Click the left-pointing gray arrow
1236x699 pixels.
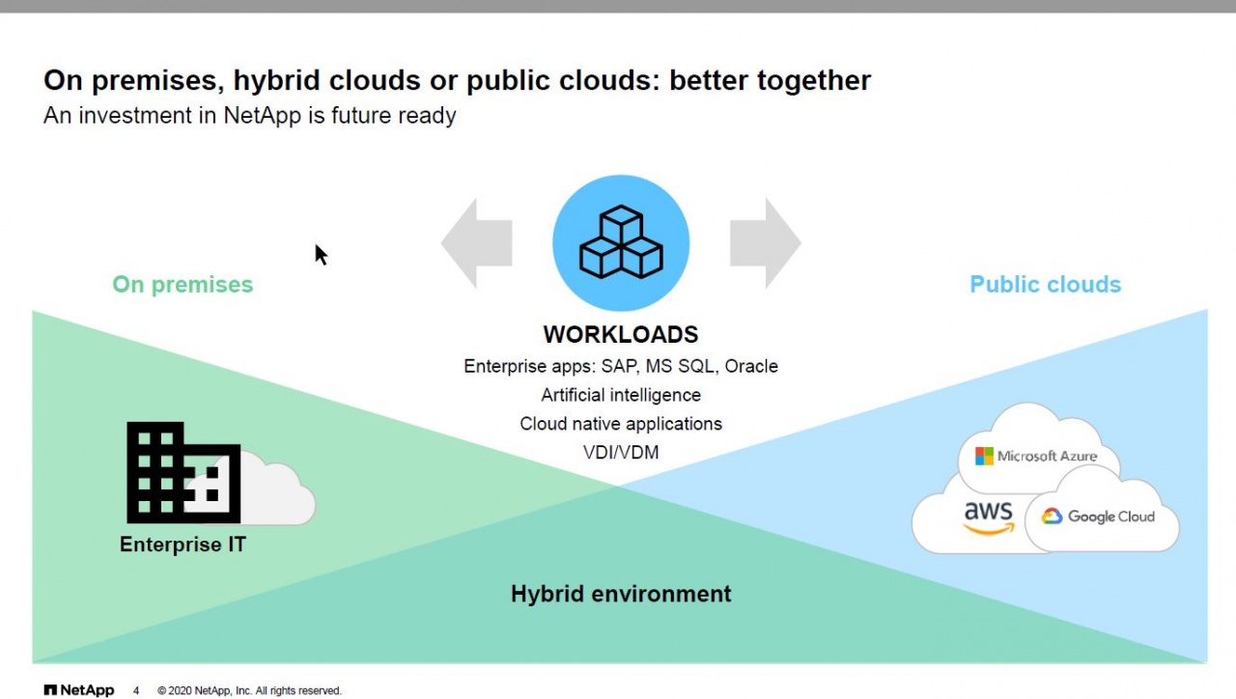[x=476, y=243]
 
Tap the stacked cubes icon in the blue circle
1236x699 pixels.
[x=621, y=241]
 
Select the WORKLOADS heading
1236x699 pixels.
[x=621, y=334]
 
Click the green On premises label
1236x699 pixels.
[x=183, y=285]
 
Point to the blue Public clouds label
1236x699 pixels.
[x=1045, y=285]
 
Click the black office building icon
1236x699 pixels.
[x=183, y=472]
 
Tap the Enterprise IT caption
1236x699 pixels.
[x=183, y=545]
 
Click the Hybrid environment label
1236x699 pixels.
[x=621, y=594]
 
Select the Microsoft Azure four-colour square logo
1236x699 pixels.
[x=984, y=457]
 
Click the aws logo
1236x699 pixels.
[x=988, y=517]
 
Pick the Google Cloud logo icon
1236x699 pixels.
[x=1052, y=516]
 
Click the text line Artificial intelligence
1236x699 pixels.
[x=621, y=395]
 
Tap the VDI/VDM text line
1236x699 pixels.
[x=621, y=453]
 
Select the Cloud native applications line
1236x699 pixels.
[x=621, y=424]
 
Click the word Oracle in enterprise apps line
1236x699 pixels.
[x=751, y=366]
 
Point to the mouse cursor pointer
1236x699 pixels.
[x=322, y=255]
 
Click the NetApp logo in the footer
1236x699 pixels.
[x=79, y=690]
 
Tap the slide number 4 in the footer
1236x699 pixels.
[x=136, y=690]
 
